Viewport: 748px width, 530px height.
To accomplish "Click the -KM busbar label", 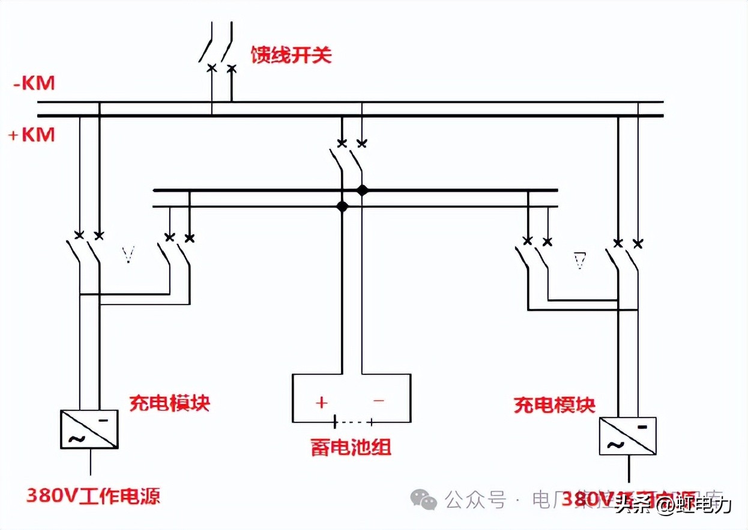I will (34, 83).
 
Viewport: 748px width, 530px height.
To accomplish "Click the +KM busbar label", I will (31, 135).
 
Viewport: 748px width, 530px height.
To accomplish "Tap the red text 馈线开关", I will (291, 55).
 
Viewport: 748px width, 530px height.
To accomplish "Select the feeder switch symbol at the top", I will (217, 54).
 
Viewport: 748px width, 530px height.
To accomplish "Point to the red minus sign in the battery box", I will (379, 400).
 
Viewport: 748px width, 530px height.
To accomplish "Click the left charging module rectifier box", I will (89, 429).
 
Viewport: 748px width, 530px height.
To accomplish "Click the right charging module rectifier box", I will (627, 436).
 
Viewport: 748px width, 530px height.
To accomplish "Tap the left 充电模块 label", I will (169, 403).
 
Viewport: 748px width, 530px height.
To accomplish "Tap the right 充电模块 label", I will (554, 404).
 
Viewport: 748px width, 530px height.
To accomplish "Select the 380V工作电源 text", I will (93, 496).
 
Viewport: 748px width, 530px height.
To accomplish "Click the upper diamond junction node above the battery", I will (361, 190).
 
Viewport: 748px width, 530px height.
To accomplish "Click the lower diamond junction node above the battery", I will (342, 207).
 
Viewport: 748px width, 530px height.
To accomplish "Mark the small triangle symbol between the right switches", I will (579, 261).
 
